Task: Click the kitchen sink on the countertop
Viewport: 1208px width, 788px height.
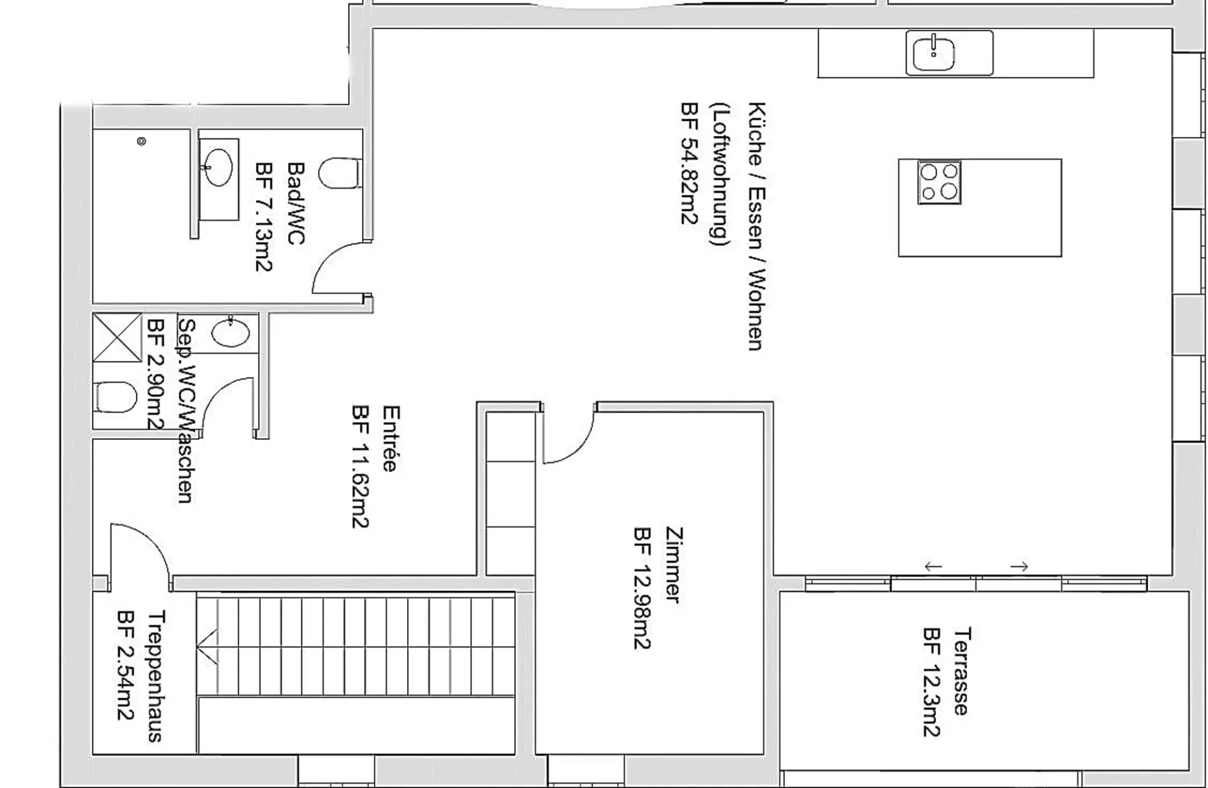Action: (x=949, y=53)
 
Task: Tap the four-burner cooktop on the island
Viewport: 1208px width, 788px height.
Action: (x=939, y=182)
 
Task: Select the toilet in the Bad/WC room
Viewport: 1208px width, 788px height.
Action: (x=340, y=173)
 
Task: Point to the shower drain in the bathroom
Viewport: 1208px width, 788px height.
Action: (x=142, y=142)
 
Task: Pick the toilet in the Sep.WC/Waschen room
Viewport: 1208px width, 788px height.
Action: (x=116, y=398)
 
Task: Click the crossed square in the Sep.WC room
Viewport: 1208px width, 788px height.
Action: (x=118, y=337)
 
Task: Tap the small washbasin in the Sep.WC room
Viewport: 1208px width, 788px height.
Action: (x=230, y=332)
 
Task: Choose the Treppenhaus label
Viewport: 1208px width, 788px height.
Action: (x=155, y=676)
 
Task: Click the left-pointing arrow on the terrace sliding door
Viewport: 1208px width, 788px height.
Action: (x=933, y=566)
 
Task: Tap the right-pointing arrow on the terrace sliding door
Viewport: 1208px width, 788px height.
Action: (x=1019, y=566)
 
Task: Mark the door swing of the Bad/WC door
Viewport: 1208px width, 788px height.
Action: (x=327, y=261)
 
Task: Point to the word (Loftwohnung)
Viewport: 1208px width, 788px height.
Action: (x=719, y=174)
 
